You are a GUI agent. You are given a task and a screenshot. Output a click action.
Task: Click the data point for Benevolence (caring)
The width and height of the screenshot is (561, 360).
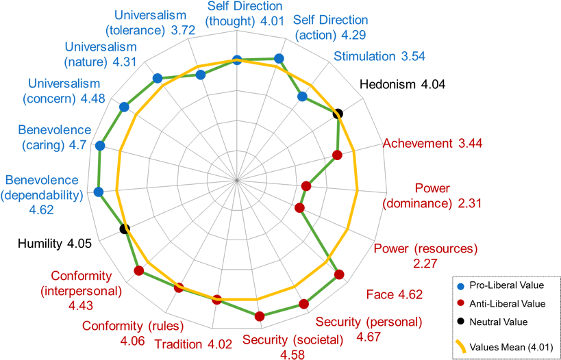tap(100, 145)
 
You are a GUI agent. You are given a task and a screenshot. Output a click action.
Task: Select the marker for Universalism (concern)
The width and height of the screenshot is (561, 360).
tap(124, 107)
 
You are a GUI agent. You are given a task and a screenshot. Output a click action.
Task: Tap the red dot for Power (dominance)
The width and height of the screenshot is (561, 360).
tap(306, 186)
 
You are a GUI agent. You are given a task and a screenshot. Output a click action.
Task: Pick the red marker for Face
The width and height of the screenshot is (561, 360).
tap(339, 275)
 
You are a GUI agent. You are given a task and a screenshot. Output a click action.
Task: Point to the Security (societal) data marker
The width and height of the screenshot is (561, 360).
tap(259, 316)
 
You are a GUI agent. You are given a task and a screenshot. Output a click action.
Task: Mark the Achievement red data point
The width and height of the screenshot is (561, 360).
tap(336, 155)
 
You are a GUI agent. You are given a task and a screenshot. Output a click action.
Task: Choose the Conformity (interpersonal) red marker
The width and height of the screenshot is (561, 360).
tap(139, 271)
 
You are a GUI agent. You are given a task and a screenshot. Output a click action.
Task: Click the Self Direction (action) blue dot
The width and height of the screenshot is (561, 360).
tap(278, 59)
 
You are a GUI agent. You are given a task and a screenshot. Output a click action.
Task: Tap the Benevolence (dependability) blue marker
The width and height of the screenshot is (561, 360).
tap(99, 192)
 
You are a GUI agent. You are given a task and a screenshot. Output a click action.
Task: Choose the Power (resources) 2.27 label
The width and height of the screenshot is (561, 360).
tap(425, 255)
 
